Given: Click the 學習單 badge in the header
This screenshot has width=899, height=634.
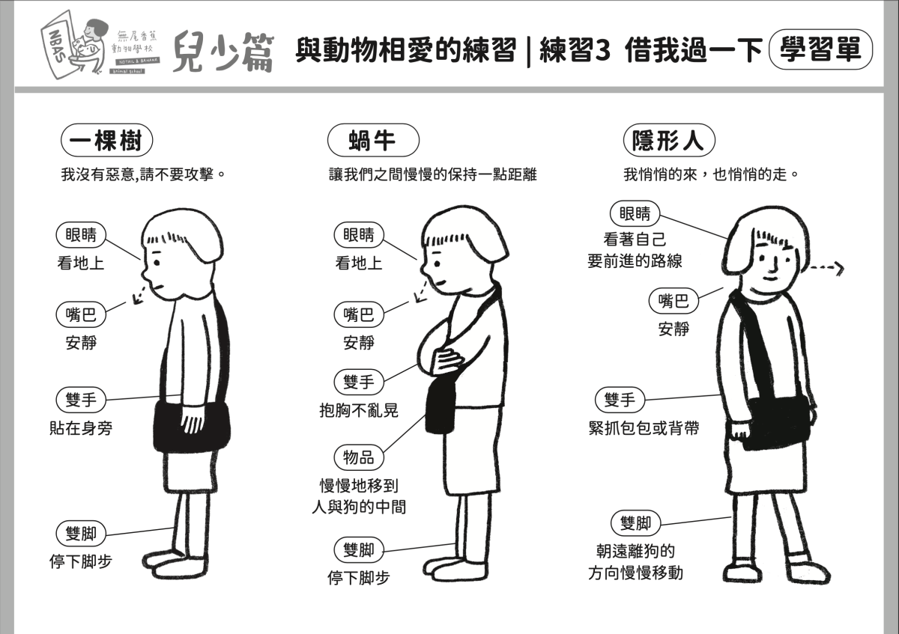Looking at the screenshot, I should pyautogui.click(x=821, y=50).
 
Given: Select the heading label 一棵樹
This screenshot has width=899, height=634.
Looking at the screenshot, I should pyautogui.click(x=107, y=140).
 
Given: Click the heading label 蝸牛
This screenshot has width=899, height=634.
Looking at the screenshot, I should pyautogui.click(x=372, y=140).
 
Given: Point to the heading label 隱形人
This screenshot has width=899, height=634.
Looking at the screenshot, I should pyautogui.click(x=668, y=140).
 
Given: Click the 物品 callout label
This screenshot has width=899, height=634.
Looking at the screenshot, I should pyautogui.click(x=359, y=456).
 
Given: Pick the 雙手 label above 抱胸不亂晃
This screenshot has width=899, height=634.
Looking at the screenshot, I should pyautogui.click(x=359, y=382).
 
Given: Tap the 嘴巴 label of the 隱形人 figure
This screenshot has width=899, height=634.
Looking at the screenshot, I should pyautogui.click(x=673, y=301).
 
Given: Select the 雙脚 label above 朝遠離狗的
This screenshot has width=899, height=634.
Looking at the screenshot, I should pyautogui.click(x=635, y=522).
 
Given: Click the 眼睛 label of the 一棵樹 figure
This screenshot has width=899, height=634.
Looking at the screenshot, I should pyautogui.click(x=82, y=234).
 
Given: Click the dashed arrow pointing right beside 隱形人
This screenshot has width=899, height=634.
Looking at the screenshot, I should pyautogui.click(x=827, y=267).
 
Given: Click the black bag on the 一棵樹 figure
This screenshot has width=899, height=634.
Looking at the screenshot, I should pyautogui.click(x=191, y=425).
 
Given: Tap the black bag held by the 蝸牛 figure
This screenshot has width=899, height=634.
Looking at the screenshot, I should pyautogui.click(x=441, y=404).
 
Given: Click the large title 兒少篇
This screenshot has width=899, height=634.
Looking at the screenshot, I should pyautogui.click(x=223, y=50).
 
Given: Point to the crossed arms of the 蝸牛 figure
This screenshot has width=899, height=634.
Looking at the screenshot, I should pyautogui.click(x=444, y=352).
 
